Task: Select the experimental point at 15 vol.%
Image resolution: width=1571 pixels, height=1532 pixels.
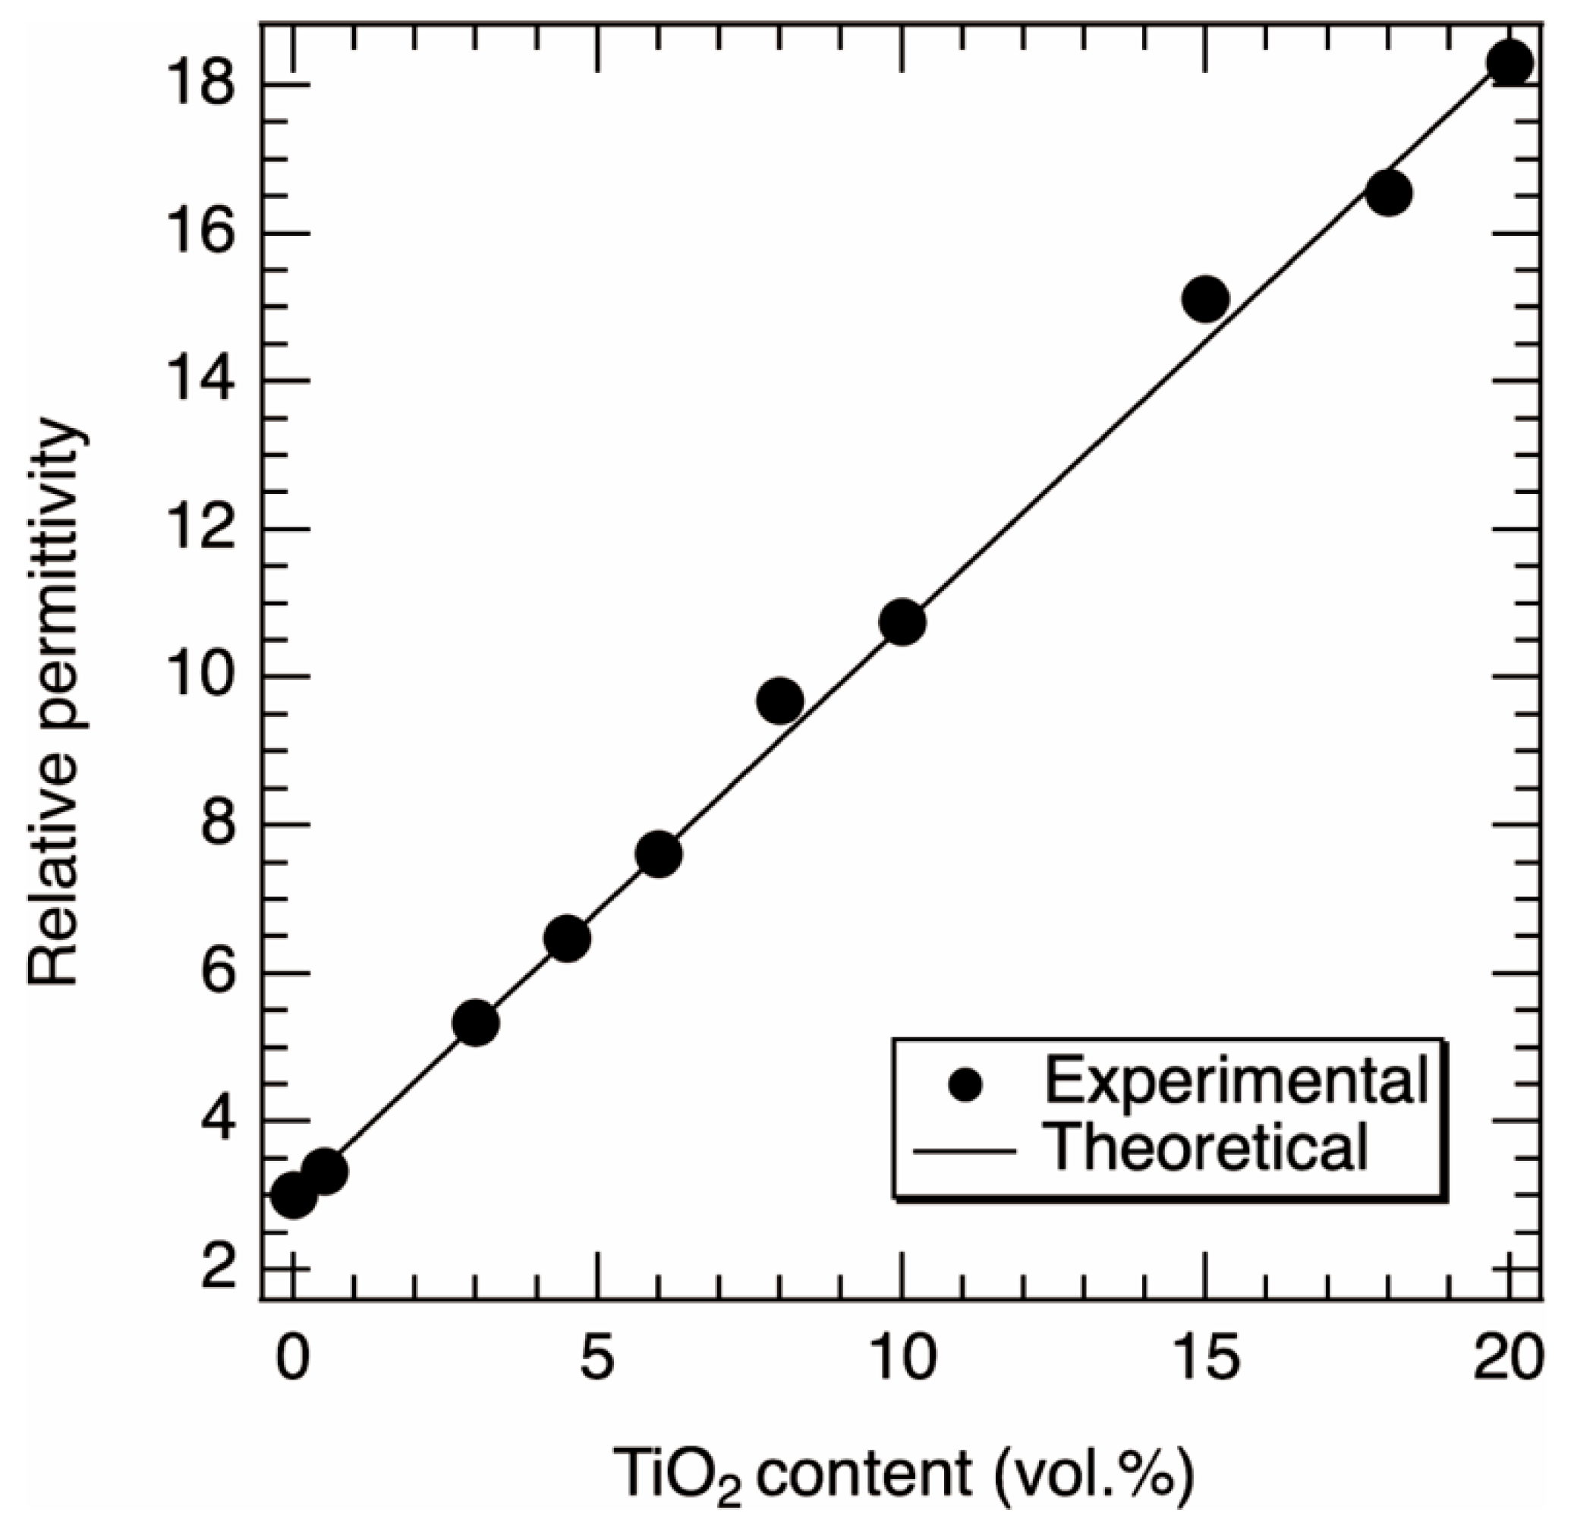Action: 1206,298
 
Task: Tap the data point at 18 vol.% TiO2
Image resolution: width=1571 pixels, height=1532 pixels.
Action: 1389,193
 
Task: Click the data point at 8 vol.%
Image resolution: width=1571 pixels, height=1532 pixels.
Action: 780,701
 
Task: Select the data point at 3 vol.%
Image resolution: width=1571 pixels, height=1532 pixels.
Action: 477,1023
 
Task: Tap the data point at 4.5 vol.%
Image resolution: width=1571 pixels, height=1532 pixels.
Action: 568,938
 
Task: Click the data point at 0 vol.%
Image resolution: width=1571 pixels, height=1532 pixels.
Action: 294,1196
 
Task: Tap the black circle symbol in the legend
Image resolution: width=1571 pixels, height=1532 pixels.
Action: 965,1084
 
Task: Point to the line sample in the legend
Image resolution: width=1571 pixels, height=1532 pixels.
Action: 964,1151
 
